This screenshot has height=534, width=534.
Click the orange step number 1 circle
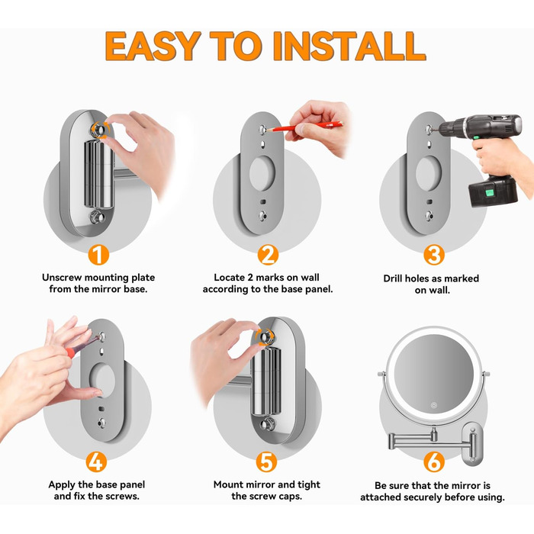click(98, 255)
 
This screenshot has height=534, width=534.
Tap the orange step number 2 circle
click(268, 255)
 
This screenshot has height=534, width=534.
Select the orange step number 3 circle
click(434, 255)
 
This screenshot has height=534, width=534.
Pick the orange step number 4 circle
click(96, 462)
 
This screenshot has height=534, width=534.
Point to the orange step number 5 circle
click(267, 462)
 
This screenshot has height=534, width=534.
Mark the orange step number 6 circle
click(434, 462)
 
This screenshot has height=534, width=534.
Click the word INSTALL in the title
click(349, 46)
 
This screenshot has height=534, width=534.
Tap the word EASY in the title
click(153, 46)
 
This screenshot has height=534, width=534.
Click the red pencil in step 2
click(304, 126)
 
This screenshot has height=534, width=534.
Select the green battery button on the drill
click(490, 194)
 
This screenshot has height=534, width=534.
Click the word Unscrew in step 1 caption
click(62, 278)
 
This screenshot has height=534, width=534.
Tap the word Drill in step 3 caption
click(392, 278)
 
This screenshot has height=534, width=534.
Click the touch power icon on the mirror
click(433, 406)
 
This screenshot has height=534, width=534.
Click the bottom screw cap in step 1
click(97, 217)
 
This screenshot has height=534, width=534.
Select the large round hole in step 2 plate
click(262, 173)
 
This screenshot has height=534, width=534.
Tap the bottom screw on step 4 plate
click(101, 423)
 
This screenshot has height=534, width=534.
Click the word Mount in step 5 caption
click(228, 484)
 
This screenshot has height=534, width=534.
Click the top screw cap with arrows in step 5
click(265, 337)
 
